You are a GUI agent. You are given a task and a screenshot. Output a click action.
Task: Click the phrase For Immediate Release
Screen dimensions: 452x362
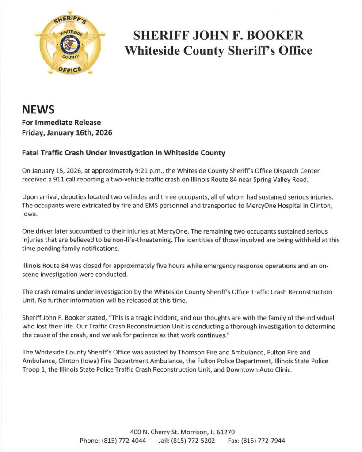(61, 122)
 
